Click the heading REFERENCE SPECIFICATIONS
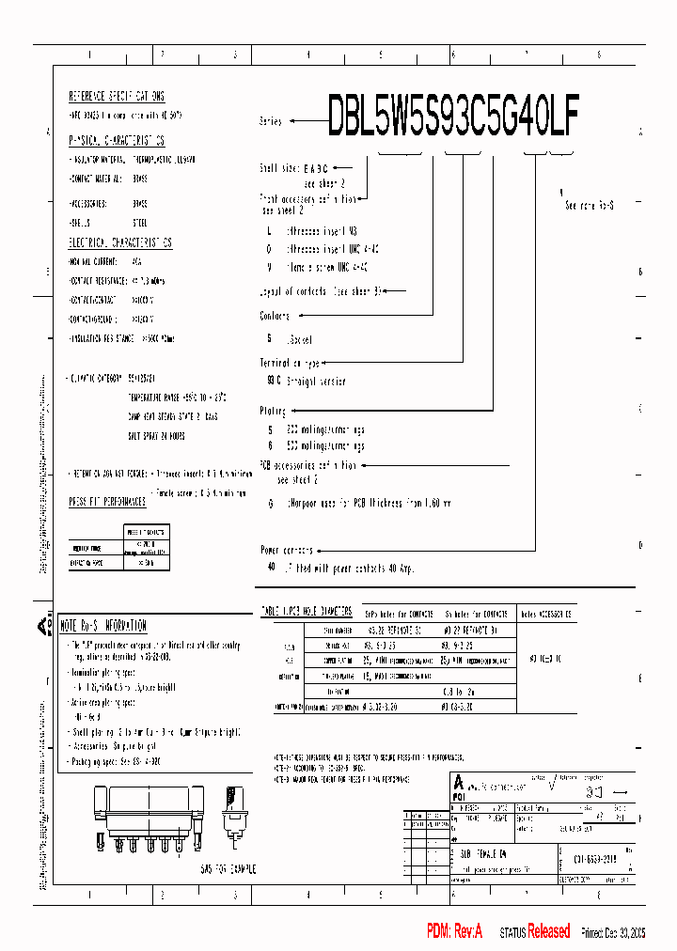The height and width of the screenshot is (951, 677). (118, 96)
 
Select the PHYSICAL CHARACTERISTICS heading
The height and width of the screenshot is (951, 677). (118, 140)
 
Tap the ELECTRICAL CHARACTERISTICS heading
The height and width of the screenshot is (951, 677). (120, 242)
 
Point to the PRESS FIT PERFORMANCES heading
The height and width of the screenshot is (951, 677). (107, 502)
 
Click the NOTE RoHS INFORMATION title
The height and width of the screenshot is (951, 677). (103, 625)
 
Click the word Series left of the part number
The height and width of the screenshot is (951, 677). (271, 121)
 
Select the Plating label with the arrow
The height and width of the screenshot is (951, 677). (273, 411)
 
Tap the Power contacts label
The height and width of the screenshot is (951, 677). (287, 550)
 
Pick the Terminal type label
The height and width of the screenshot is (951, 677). (290, 362)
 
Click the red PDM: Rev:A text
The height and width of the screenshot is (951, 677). (454, 931)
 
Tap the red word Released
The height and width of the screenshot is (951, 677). (548, 931)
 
